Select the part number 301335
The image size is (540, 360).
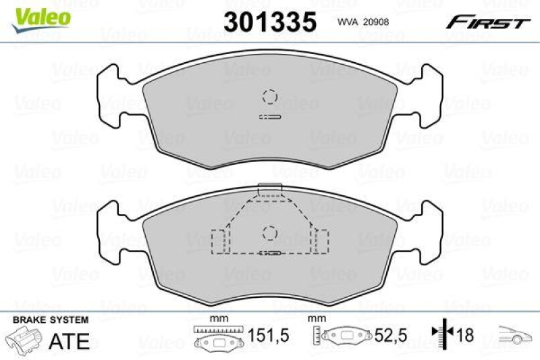coord(269,22)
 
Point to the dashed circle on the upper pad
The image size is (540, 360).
coord(270,97)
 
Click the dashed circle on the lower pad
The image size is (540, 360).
coord(270,233)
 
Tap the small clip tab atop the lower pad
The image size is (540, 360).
coord(269,189)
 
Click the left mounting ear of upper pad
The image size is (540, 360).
coord(115,98)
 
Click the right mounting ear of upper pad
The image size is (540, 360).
coord(425,98)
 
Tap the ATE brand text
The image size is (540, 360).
coord(70,340)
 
